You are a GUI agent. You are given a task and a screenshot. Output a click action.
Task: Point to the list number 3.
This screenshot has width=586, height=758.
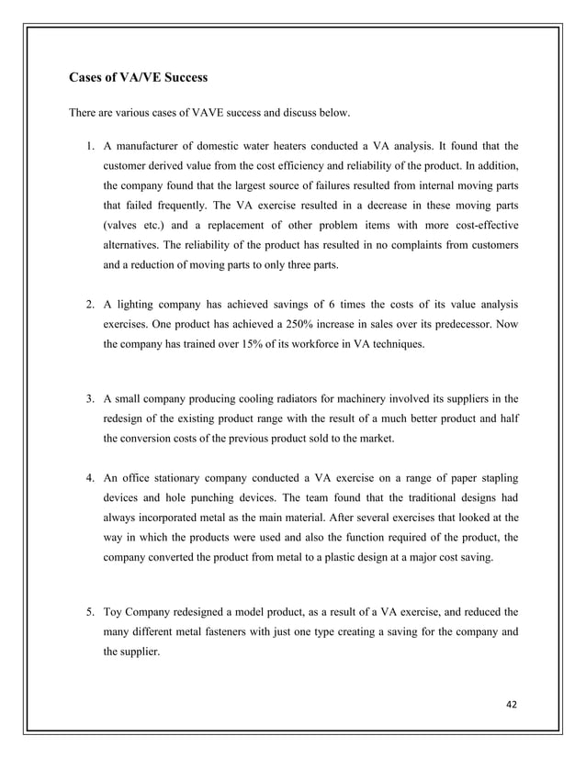pyautogui.click(x=89, y=399)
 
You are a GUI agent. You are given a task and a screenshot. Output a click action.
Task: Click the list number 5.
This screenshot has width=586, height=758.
pyautogui.click(x=89, y=610)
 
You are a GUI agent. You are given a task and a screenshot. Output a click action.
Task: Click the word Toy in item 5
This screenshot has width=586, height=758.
pyautogui.click(x=114, y=610)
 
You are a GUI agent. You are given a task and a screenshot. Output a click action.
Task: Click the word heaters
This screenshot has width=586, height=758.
pyautogui.click(x=277, y=145)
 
